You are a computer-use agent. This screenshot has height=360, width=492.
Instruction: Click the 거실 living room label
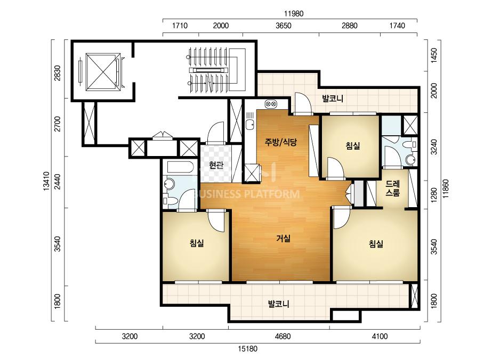[x=284, y=239]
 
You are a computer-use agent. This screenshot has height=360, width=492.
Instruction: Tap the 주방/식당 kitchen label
[x=280, y=142]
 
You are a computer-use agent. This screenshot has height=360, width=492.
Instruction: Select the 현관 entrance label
[x=216, y=165]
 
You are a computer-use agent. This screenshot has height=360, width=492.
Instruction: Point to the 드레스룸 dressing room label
[x=393, y=189]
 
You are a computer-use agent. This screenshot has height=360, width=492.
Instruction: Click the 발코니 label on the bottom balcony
[x=278, y=304]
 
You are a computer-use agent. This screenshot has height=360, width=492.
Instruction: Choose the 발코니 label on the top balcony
[x=333, y=99]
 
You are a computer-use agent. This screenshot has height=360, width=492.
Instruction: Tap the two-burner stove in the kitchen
[x=271, y=103]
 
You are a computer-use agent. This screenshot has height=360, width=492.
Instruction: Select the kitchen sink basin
[x=250, y=125]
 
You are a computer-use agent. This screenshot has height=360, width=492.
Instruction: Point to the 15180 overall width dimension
[x=248, y=349]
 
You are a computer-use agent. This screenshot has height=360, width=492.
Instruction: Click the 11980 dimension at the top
[x=294, y=13]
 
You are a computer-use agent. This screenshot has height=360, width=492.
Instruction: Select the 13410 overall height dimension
[x=46, y=181]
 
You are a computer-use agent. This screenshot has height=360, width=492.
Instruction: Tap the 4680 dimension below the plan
[x=283, y=337]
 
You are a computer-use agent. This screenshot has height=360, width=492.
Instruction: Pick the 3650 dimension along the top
[x=284, y=26]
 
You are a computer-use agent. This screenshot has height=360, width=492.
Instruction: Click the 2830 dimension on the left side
[x=58, y=73]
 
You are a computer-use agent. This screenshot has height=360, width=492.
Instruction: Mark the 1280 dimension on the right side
[x=434, y=195]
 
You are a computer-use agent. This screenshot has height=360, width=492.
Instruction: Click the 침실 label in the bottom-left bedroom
[x=197, y=243]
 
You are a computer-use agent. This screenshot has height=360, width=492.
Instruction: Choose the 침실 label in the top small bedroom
[x=353, y=146]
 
